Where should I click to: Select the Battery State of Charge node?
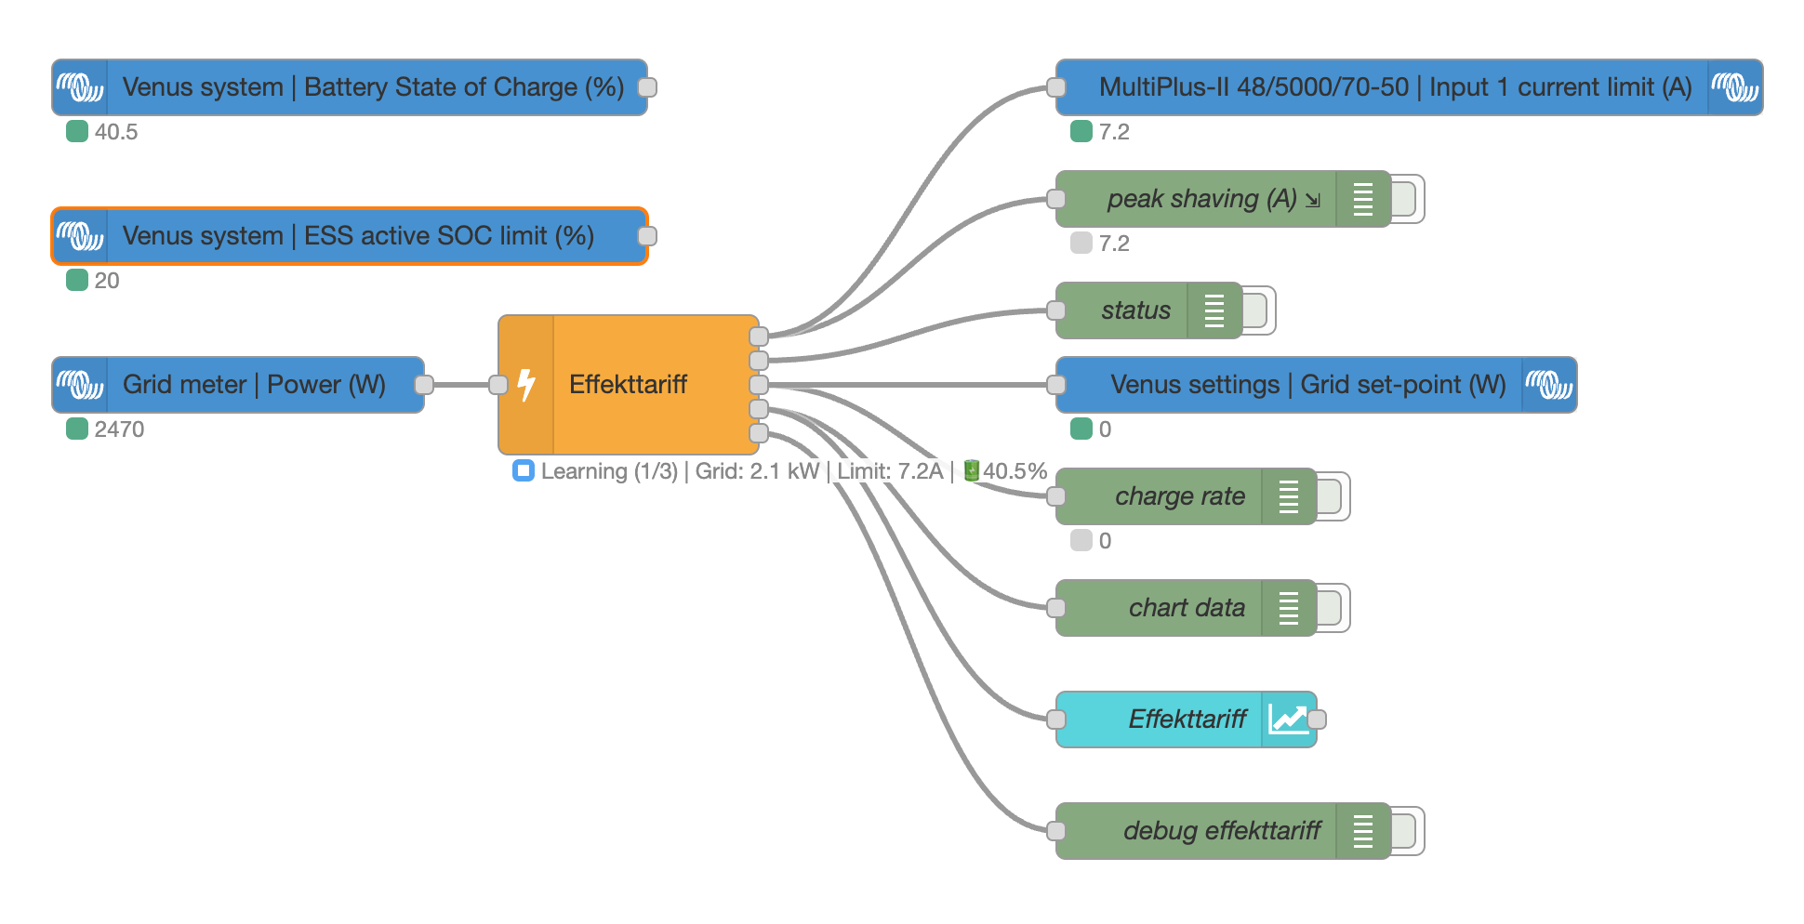tap(372, 87)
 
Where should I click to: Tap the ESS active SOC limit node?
tap(358, 236)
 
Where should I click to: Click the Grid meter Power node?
tap(253, 385)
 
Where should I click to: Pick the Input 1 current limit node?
tap(1395, 87)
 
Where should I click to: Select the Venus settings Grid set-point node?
tap(1307, 385)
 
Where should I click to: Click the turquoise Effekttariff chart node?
tap(1186, 719)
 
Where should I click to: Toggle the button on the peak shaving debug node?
tap(1406, 199)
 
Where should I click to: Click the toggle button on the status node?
tap(1257, 310)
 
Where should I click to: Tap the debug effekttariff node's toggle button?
tap(1406, 831)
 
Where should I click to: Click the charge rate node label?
tap(1179, 496)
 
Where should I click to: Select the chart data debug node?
tap(1186, 608)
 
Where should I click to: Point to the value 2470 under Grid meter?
tap(119, 429)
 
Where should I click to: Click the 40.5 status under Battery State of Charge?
tap(115, 132)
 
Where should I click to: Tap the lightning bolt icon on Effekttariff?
tap(526, 384)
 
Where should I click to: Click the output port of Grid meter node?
tap(424, 385)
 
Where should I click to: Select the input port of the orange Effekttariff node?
tap(499, 385)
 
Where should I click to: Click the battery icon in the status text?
tap(971, 470)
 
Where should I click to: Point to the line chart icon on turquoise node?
tap(1288, 719)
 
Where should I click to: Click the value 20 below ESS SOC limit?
tap(106, 281)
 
